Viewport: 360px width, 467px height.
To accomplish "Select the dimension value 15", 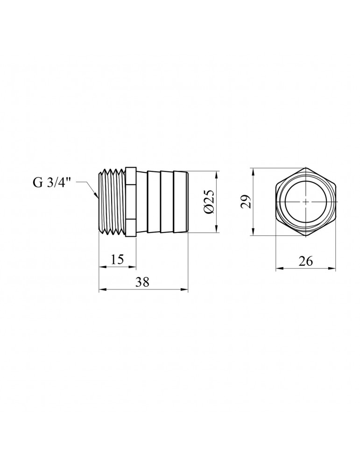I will (x=117, y=260).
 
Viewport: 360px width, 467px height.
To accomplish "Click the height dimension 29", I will (x=246, y=201).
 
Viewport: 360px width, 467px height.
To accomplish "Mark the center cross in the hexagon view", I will (x=305, y=202).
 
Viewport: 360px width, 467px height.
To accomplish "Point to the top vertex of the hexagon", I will (x=305, y=168).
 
